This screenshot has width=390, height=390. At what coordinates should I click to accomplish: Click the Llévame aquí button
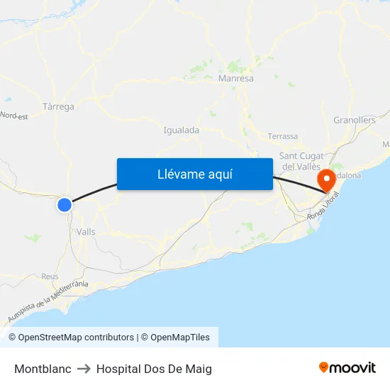(194, 174)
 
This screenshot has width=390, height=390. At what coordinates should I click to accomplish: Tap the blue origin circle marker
(65, 205)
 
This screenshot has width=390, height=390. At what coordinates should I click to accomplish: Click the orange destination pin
(327, 178)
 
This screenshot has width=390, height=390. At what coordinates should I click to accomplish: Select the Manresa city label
(236, 79)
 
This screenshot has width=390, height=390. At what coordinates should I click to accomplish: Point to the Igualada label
(182, 130)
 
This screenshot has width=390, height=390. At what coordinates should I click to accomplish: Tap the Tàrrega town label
(58, 107)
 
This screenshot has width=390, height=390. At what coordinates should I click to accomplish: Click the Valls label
(86, 232)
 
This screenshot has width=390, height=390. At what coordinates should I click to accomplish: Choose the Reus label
(50, 276)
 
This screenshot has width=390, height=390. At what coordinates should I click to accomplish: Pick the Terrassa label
(283, 136)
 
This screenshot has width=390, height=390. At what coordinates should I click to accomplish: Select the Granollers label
(354, 121)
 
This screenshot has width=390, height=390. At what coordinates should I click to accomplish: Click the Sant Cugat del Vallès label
(301, 161)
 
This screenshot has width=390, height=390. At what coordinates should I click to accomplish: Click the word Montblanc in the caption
(43, 369)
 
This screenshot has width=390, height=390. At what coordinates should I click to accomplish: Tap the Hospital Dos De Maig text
(154, 369)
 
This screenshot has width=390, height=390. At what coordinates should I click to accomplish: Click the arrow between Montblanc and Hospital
(84, 369)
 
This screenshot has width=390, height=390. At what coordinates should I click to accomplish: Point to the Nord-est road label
(13, 116)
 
